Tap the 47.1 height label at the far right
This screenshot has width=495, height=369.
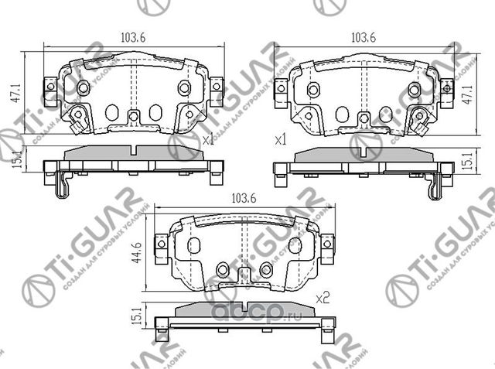click(x=466, y=93)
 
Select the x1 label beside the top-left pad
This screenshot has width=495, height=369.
click(x=207, y=141)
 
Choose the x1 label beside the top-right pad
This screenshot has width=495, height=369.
click(x=281, y=140)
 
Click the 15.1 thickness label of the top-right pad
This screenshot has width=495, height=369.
click(x=466, y=160)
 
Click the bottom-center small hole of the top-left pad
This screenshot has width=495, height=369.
click(x=133, y=117)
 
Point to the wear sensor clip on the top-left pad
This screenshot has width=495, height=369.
click(x=77, y=118)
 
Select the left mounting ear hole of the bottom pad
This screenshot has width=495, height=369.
click(x=161, y=244)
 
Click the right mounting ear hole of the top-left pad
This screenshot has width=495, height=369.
click(x=216, y=87)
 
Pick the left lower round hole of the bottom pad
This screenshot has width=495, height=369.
click(x=223, y=269)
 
